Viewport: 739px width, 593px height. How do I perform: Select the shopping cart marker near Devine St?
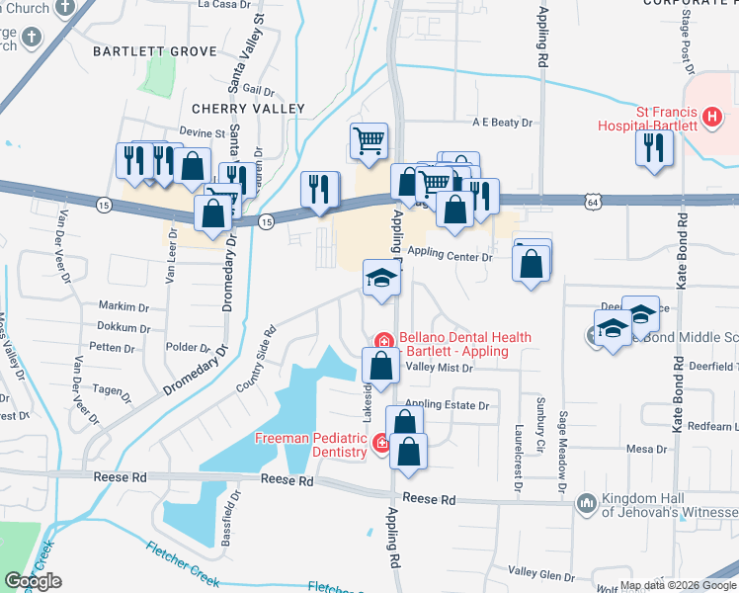369,140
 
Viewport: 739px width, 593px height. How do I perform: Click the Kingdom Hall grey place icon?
587,504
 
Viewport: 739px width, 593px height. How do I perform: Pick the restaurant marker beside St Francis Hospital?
653,147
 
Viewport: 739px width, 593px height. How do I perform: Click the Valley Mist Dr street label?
440,368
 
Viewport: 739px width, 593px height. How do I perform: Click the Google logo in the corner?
33,580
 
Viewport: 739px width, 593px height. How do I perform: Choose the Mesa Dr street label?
647,449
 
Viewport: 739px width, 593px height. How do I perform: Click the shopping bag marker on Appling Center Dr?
532,264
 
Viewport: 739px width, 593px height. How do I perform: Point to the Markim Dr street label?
123,306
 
